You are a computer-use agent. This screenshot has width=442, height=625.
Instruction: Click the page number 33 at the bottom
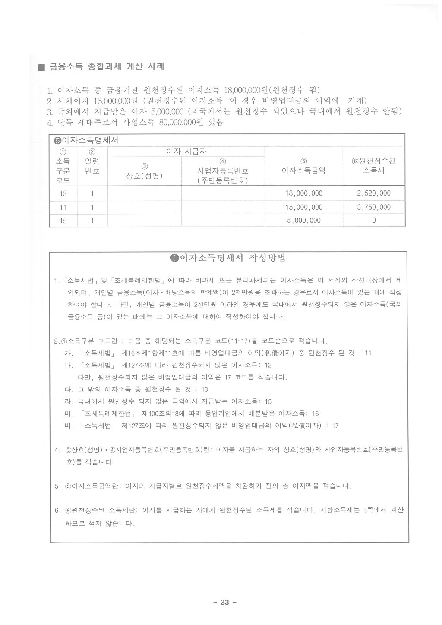pos(224,603)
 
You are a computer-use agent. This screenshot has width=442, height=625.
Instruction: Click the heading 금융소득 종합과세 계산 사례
pos(106,67)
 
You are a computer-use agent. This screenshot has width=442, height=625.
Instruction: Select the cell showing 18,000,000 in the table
pos(304,193)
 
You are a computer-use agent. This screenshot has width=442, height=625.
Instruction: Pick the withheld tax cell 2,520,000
pos(373,193)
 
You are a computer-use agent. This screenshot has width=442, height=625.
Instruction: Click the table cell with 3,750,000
pos(373,207)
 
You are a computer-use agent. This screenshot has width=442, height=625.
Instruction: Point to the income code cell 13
pos(63,193)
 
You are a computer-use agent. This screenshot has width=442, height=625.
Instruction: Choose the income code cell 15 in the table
pos(63,221)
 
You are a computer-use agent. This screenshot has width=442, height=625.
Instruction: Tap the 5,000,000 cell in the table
pos(304,221)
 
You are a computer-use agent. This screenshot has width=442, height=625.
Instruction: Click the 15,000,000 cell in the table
pos(304,207)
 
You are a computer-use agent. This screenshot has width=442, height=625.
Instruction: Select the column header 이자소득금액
pos(303,170)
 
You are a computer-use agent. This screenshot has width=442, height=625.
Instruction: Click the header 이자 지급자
pos(186,152)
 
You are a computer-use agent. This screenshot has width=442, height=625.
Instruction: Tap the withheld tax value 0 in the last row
pos(373,221)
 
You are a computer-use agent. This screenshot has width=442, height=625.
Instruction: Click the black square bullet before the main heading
pos(41,68)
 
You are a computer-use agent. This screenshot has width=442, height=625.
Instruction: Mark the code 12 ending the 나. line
pos(268,365)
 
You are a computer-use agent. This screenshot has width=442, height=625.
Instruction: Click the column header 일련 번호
pos(92,166)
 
